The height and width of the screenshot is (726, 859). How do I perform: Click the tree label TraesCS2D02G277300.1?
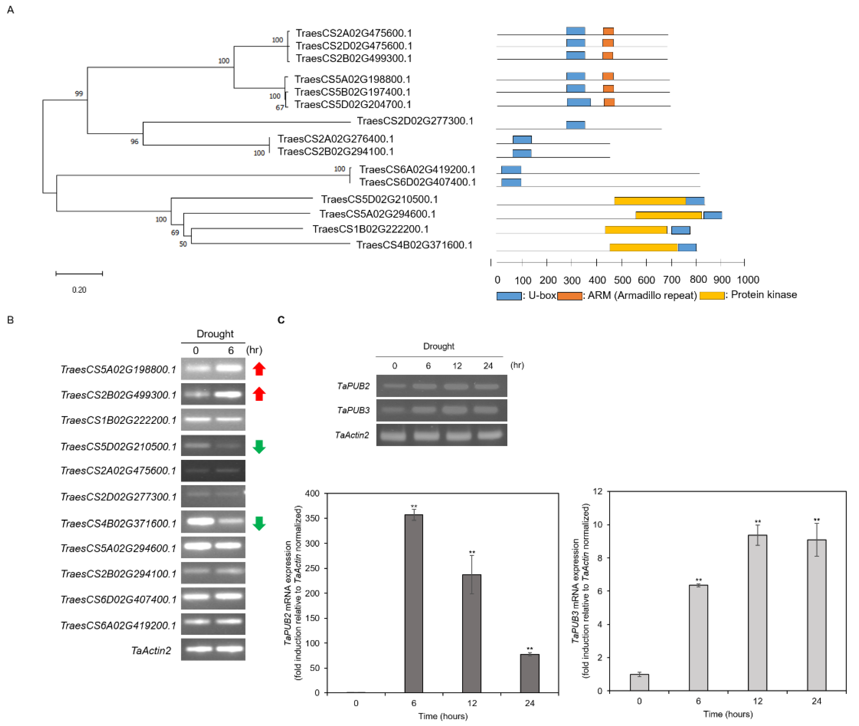point(415,121)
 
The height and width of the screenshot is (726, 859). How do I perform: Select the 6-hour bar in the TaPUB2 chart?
point(413,603)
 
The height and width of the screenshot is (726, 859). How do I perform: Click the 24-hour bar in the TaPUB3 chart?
point(816,615)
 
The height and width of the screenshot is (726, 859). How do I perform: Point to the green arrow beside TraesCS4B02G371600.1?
point(259,524)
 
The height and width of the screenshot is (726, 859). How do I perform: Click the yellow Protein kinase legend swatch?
point(712,295)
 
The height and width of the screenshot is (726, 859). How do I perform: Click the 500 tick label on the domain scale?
point(622,280)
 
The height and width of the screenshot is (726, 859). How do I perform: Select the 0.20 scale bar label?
point(79,290)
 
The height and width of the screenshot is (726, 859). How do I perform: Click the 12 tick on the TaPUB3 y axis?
point(597,491)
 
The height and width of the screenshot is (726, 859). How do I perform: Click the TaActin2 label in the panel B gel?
point(151,650)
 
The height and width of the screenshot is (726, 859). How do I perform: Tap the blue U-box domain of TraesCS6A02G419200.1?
point(511,170)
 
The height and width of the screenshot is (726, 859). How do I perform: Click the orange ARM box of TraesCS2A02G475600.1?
point(608,31)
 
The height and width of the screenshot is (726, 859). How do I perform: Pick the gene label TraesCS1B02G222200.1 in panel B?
point(119,420)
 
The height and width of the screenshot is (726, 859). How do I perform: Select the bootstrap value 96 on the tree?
point(135,142)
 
